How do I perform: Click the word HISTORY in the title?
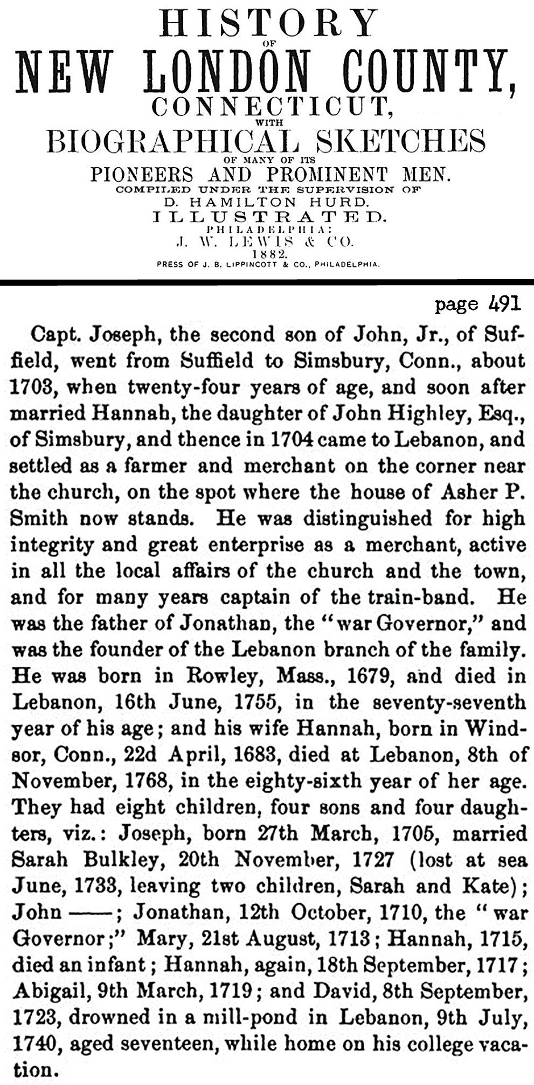click(x=268, y=24)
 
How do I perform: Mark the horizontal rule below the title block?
click(x=267, y=282)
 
